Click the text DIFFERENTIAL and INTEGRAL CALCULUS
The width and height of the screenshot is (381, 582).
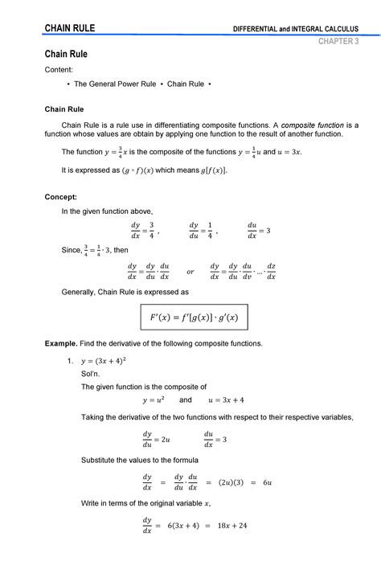(297, 30)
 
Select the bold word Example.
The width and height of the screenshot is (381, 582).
(62, 343)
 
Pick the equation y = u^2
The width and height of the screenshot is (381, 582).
(154, 400)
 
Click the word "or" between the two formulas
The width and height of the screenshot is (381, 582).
(190, 271)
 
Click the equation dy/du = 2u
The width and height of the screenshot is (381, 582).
(156, 439)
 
